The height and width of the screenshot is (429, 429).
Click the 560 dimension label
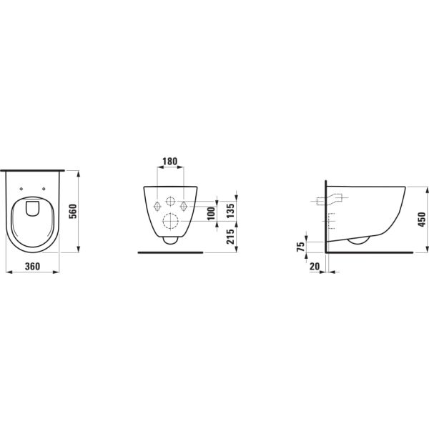[73, 212]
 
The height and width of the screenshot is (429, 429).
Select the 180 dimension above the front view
[170, 162]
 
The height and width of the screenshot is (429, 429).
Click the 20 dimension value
[315, 265]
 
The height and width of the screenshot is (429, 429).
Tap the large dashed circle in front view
[171, 220]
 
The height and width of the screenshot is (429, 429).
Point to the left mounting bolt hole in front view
[158, 207]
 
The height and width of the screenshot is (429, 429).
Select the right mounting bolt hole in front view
[184, 207]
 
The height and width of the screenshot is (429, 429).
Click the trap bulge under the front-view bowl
[171, 241]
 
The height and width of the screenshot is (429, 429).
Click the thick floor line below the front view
[171, 252]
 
